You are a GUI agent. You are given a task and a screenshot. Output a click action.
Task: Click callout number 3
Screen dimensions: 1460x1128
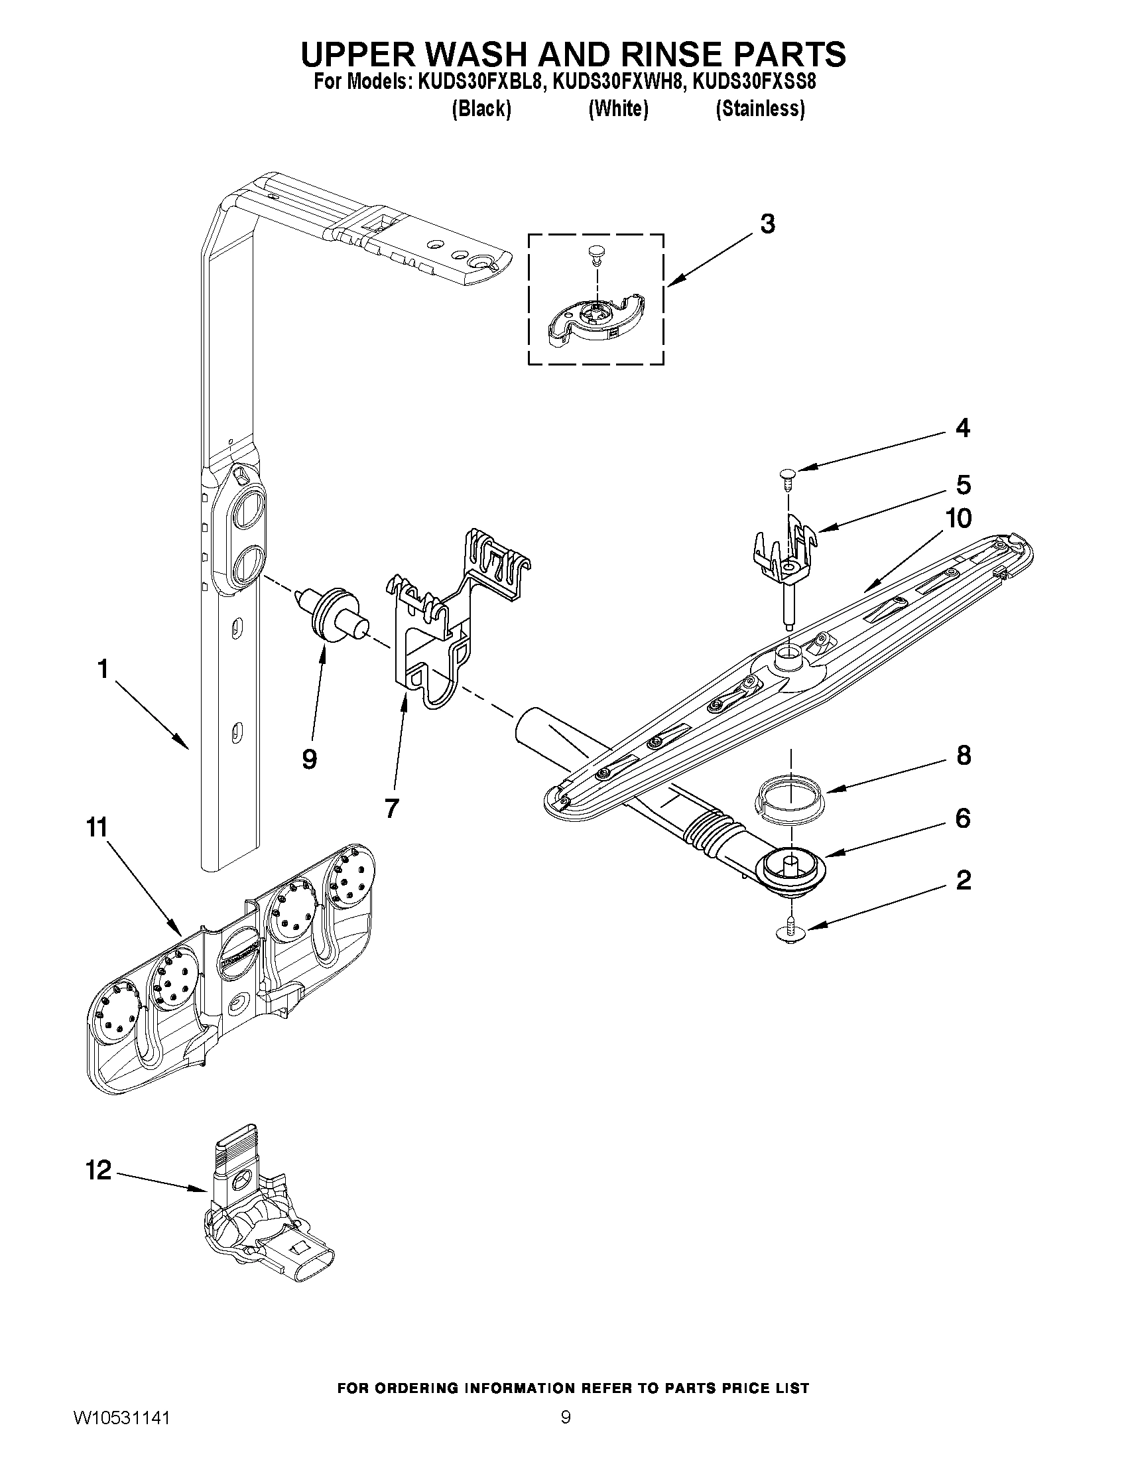click(767, 224)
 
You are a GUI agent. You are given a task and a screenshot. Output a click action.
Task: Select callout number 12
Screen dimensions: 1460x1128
click(98, 1170)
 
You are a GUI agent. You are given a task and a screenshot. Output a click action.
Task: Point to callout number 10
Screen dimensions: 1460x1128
click(960, 518)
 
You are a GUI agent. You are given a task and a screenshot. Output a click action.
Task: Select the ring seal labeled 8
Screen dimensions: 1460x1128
click(790, 794)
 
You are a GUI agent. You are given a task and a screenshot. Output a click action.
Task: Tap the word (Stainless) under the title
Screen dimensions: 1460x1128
click(760, 108)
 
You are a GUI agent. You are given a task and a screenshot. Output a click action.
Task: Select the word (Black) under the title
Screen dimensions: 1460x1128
click(481, 108)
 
